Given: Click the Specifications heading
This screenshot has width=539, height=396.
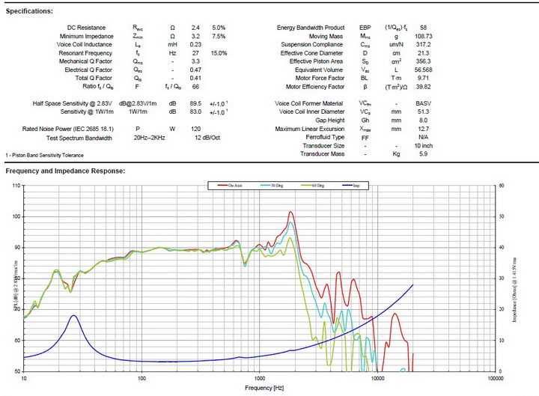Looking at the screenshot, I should (29, 11).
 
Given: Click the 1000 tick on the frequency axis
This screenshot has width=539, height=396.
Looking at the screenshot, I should (258, 379).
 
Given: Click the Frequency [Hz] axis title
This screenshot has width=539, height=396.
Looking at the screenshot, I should (258, 389).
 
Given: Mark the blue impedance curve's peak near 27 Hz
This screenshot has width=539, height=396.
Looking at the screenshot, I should (73, 316).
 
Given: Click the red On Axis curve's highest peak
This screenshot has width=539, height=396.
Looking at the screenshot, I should (290, 212).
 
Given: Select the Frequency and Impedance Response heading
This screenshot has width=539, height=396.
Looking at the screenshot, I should (65, 171).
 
